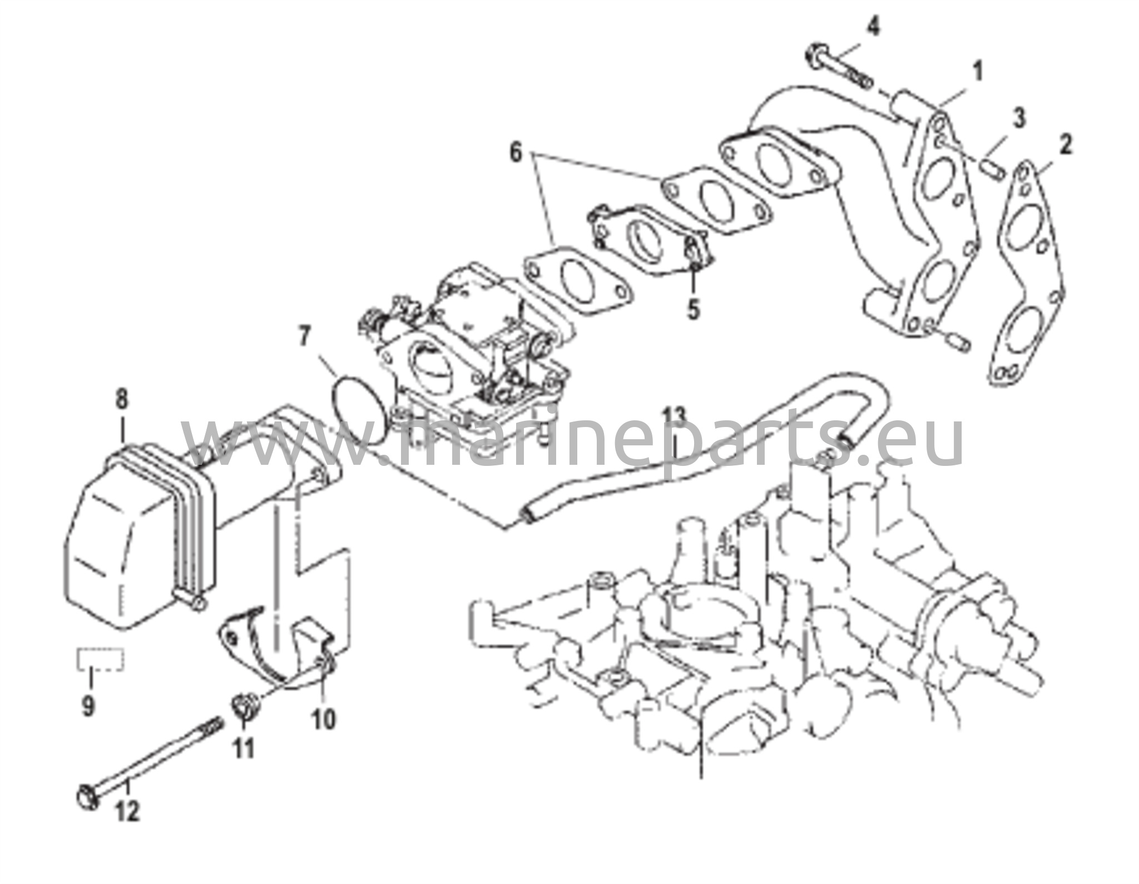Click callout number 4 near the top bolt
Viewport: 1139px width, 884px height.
pos(874,27)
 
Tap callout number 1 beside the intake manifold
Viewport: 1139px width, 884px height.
pos(977,72)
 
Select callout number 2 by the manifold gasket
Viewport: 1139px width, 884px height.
pos(1065,145)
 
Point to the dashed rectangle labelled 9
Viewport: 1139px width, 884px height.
pos(100,659)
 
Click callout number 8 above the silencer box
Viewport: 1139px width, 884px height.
pos(121,398)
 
